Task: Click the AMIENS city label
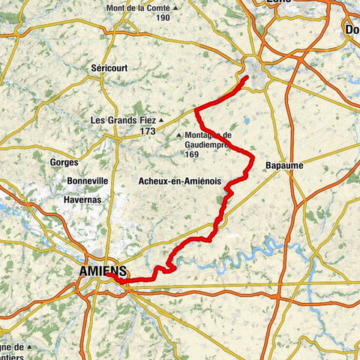coord(100,270)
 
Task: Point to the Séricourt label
coord(109,67)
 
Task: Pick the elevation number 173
coord(147,131)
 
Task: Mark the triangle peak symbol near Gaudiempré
coord(178,136)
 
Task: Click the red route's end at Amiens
coord(107,275)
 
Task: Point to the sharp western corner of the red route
coord(196,111)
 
